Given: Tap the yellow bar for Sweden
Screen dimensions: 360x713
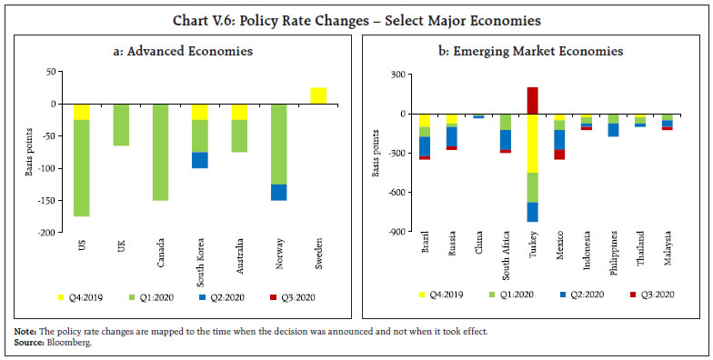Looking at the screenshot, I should [x=319, y=95].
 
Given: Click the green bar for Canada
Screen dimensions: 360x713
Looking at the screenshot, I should [x=160, y=152].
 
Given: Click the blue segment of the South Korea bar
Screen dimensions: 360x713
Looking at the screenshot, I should [x=200, y=160].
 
